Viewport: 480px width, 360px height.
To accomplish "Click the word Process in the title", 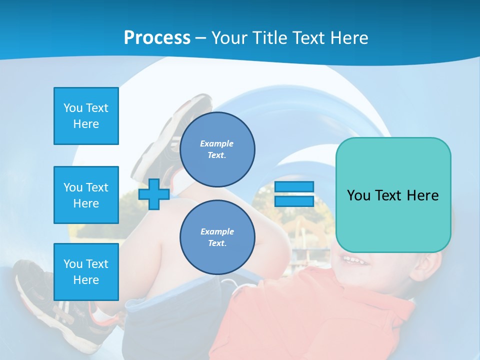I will point(157,38).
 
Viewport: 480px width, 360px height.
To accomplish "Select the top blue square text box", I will point(86,116).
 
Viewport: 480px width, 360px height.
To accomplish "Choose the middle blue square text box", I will point(86,195).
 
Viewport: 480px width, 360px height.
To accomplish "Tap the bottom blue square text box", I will point(86,272).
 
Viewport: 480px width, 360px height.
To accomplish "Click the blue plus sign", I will point(154,194).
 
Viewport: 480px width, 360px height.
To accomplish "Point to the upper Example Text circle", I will point(217,149).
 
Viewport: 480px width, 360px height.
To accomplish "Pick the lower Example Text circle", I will point(217,237).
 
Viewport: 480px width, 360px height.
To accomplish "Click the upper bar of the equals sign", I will point(294,186).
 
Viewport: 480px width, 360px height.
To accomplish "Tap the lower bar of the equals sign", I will point(294,201).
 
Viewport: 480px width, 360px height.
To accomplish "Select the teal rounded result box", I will point(393,195).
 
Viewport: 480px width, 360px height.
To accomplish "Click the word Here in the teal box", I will point(422,195).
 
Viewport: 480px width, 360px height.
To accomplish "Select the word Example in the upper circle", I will point(216,143).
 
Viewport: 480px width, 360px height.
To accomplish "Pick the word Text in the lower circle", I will point(216,243).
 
